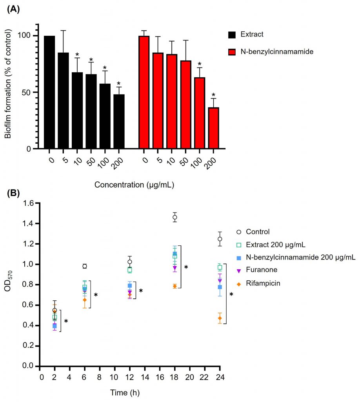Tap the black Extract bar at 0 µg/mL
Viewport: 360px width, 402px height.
[49, 92]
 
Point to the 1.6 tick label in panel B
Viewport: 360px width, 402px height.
[31, 204]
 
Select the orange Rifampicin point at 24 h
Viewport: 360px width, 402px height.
[220, 318]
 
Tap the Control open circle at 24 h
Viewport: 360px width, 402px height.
[220, 239]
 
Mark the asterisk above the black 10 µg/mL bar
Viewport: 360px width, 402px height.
[77, 55]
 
